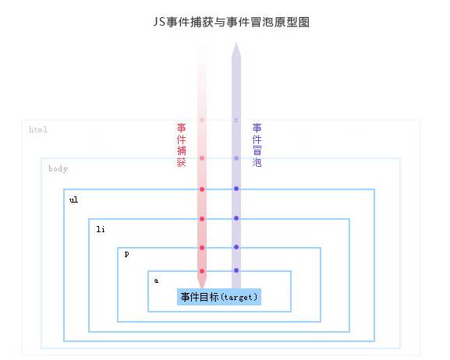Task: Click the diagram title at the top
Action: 232,22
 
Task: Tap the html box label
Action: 38,129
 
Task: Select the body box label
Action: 58,168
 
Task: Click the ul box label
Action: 73,199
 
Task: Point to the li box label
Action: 101,229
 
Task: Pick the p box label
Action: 127,254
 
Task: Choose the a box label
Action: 156,281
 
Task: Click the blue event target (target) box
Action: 219,297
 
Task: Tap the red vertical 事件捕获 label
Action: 182,145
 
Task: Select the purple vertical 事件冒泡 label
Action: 257,145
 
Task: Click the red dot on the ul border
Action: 202,189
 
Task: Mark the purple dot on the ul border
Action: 236,189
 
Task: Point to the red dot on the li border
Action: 202,219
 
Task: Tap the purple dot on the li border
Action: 236,218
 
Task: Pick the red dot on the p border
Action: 202,248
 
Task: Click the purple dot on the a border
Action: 236,270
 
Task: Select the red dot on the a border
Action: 202,271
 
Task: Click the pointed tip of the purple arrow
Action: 236,42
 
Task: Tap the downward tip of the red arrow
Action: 202,288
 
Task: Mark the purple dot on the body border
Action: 236,158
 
